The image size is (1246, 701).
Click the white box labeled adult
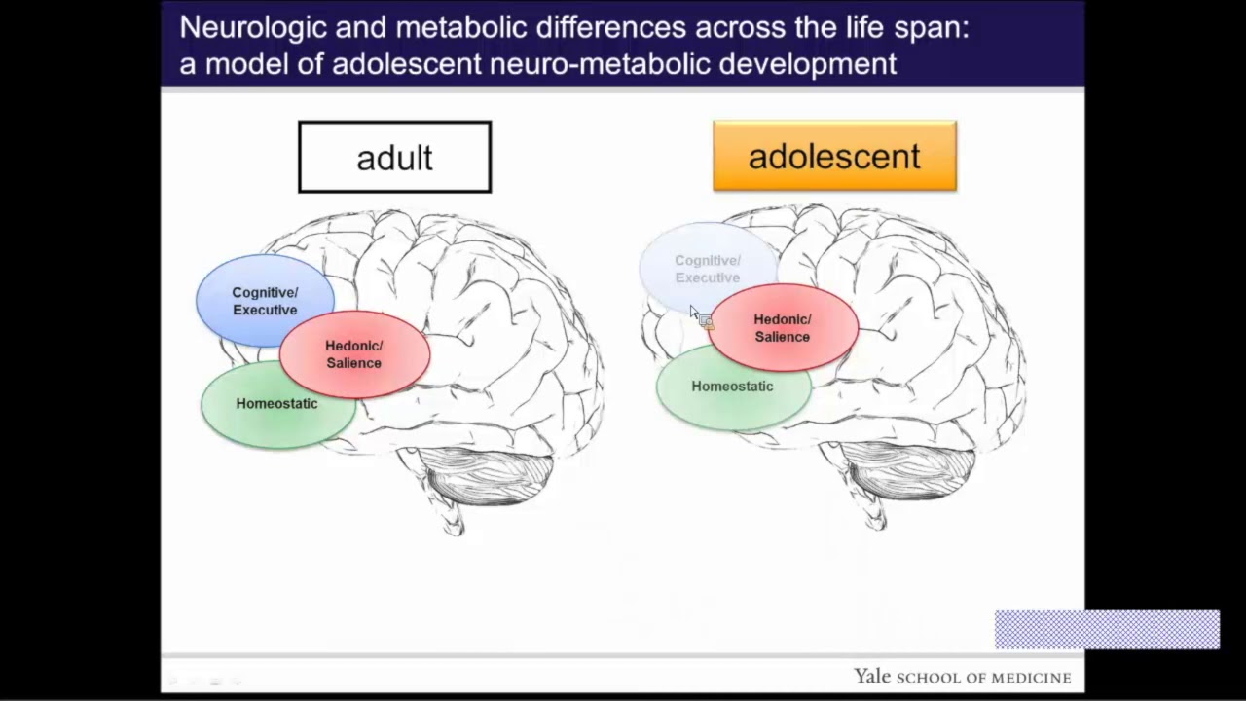[394, 157]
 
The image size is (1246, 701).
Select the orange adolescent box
[834, 156]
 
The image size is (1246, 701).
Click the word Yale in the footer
[872, 677]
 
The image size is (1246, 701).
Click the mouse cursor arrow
[694, 313]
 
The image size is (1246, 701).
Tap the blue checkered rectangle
[1107, 630]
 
